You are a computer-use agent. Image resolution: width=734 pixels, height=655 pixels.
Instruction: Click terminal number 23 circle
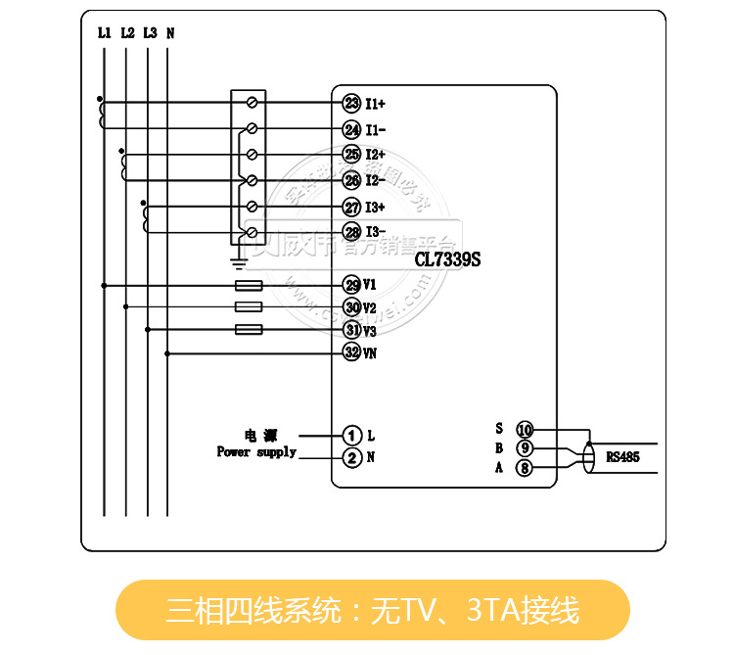point(351,103)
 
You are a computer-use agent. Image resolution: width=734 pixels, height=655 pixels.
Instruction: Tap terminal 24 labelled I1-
point(351,129)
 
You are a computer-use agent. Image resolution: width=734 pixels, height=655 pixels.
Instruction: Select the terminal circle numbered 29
point(351,285)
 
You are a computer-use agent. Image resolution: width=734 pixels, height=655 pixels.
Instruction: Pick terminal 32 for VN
point(351,352)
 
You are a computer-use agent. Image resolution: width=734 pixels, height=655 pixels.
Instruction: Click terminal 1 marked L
point(351,434)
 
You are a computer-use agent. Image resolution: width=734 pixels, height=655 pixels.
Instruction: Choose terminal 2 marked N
point(351,457)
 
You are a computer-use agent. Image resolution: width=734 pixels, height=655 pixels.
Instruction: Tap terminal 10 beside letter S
point(525,429)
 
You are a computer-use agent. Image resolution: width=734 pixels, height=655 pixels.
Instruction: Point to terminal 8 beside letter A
point(525,469)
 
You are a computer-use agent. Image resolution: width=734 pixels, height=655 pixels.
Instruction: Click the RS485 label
point(622,456)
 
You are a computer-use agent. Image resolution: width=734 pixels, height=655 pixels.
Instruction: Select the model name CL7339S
point(447,260)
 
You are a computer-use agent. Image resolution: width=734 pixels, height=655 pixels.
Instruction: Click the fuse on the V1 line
point(250,286)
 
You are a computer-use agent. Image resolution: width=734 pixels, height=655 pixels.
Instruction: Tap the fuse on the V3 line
point(250,330)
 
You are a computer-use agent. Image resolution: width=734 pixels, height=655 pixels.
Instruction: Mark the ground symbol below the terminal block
point(237,260)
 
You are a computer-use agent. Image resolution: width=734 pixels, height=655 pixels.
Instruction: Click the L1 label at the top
point(104,32)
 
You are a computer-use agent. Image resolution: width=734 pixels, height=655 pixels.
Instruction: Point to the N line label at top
point(170,32)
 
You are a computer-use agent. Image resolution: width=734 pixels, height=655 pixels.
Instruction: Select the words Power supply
point(256,452)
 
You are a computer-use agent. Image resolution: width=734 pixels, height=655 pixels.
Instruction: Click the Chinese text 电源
point(261,434)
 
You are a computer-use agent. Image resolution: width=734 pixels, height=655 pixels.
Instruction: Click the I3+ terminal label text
point(376,208)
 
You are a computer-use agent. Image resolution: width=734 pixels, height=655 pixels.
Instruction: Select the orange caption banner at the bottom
point(373,610)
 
